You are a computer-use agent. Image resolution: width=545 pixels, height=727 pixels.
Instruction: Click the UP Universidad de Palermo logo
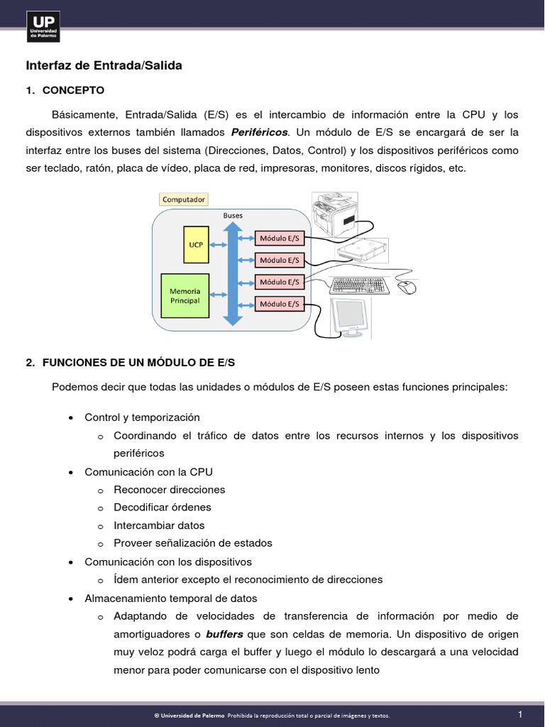pos(43,26)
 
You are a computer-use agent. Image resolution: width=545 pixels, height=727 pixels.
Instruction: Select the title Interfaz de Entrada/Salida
pos(104,65)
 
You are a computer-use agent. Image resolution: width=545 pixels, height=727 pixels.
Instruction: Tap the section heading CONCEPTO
pos(73,90)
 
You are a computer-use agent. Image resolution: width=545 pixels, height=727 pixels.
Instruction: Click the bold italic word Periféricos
pos(260,132)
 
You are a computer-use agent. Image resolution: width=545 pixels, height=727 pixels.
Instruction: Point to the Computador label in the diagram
pos(184,199)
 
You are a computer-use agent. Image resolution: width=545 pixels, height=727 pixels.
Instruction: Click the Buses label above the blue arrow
pos(233,214)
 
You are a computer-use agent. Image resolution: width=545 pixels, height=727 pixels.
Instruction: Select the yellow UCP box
pos(196,244)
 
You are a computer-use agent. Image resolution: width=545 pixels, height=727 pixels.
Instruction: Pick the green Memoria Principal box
pos(185,295)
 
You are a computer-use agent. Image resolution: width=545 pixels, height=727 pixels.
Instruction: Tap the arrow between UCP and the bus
pos(218,245)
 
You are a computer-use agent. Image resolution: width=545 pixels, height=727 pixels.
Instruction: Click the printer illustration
pos(336,214)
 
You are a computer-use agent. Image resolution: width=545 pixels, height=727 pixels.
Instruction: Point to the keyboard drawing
pos(359,285)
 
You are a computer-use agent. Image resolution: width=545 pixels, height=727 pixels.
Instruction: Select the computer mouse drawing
pos(406,287)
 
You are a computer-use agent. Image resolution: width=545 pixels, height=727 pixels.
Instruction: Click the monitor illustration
pos(349,317)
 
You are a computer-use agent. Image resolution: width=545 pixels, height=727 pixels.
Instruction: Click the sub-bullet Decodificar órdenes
pos(163,507)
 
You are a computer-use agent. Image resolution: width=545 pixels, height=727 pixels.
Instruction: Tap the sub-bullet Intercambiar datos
pos(159,525)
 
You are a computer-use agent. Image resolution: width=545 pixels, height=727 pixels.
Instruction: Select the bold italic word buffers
pos(224,633)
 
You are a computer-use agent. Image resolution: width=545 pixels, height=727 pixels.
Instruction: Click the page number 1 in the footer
pos(520,714)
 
